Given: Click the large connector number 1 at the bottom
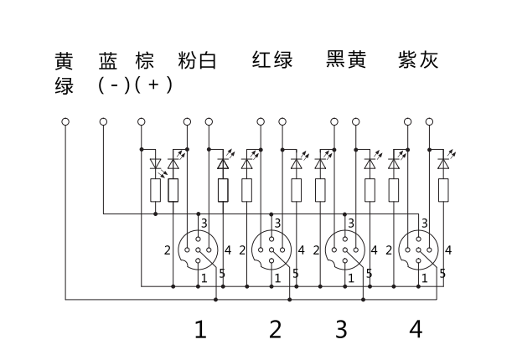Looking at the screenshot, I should pyautogui.click(x=200, y=329).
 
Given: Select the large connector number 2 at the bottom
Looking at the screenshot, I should pyautogui.click(x=275, y=329).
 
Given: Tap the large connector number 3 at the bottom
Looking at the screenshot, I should pyautogui.click(x=340, y=329).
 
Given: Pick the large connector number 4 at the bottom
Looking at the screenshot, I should pyautogui.click(x=416, y=329).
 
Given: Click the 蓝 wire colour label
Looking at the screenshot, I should pyautogui.click(x=108, y=61).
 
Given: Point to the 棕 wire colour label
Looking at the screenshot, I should pyautogui.click(x=144, y=61).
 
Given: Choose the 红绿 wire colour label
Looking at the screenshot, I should pyautogui.click(x=271, y=61).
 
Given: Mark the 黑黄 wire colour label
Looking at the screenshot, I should pyautogui.click(x=346, y=61).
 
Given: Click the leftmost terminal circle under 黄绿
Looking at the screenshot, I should pyautogui.click(x=65, y=122).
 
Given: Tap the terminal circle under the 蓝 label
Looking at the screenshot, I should pyautogui.click(x=103, y=122).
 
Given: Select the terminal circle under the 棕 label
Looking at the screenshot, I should pyautogui.click(x=141, y=122).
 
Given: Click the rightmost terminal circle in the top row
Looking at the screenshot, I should pyautogui.click(x=429, y=122).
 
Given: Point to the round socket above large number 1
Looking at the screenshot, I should pyautogui.click(x=199, y=249).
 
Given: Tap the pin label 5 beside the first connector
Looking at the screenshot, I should pyautogui.click(x=221, y=273).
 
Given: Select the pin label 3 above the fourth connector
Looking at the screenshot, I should pyautogui.click(x=425, y=223).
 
